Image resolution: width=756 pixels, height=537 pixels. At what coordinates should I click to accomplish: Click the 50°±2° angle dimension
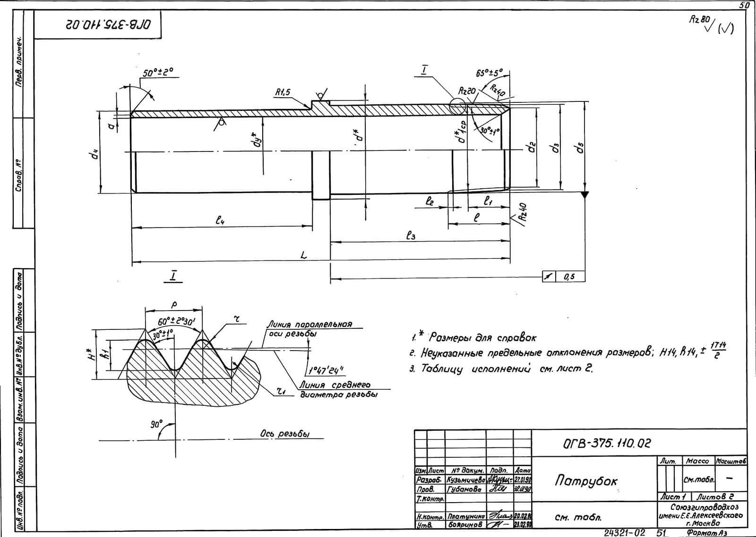(x=158, y=72)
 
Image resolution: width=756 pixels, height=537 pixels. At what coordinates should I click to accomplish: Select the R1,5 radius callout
(x=283, y=93)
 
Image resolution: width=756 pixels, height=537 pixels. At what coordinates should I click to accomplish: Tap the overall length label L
(x=304, y=255)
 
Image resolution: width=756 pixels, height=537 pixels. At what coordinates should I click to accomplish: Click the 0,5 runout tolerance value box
(x=570, y=277)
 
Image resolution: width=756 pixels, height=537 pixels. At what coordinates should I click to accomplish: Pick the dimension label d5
(x=579, y=148)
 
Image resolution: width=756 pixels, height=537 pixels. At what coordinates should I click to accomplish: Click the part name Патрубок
(x=586, y=480)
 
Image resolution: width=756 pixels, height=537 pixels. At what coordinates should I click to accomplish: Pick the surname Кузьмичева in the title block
(x=466, y=479)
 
